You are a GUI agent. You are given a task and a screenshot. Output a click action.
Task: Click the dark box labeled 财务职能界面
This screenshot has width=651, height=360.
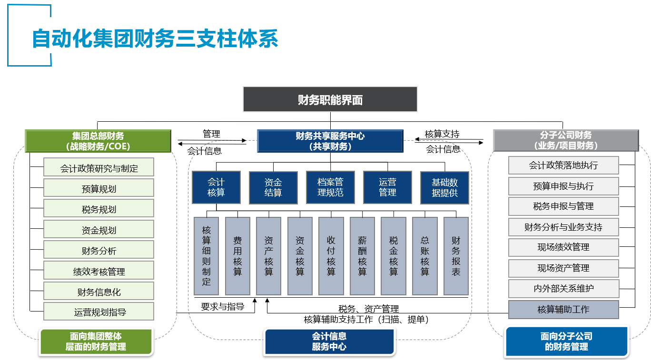click(330, 99)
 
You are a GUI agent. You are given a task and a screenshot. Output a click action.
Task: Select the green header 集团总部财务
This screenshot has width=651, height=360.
click(98, 141)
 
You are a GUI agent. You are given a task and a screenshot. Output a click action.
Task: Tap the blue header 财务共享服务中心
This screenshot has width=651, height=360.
click(330, 141)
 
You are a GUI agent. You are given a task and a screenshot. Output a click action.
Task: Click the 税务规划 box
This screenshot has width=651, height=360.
click(99, 209)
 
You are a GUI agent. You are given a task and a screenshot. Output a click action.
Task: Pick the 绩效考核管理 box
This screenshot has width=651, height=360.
click(99, 271)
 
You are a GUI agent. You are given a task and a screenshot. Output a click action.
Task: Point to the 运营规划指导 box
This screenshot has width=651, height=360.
click(99, 312)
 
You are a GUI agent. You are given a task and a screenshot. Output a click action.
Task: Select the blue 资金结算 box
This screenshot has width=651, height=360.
click(273, 187)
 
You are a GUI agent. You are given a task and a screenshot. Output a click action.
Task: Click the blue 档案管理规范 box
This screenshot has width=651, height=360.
click(330, 187)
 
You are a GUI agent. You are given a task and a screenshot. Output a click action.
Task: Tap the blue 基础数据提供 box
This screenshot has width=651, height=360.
click(444, 187)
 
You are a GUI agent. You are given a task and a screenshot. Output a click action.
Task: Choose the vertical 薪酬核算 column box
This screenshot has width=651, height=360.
click(362, 256)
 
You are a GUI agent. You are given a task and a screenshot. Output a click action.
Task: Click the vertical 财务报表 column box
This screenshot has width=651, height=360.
click(456, 256)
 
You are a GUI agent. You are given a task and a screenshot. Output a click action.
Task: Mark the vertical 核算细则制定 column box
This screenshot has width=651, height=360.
click(207, 256)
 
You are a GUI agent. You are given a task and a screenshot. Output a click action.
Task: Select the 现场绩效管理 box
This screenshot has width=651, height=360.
click(563, 247)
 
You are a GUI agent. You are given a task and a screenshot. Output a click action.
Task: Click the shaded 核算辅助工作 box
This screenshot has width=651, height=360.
click(563, 310)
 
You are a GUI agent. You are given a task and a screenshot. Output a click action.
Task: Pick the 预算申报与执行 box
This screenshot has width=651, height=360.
click(563, 186)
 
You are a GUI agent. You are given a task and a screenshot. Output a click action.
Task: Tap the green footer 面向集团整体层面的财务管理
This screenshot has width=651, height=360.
click(96, 342)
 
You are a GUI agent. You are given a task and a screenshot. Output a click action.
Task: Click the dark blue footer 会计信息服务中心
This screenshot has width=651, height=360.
click(329, 342)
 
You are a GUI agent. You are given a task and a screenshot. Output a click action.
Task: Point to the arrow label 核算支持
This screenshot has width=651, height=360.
click(442, 134)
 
